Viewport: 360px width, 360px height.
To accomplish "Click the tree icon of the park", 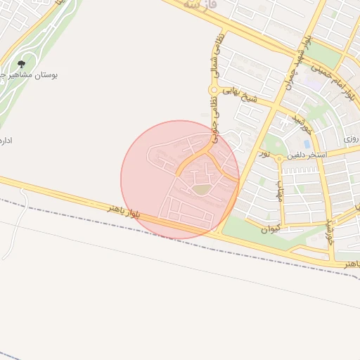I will pos(21,64).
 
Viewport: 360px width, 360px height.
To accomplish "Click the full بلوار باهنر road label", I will pos(124,210).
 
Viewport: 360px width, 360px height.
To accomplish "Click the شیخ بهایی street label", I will pos(241,96).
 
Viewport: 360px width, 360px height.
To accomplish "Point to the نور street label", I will pos(264,153).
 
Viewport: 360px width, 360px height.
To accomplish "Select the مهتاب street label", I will pos(280,190).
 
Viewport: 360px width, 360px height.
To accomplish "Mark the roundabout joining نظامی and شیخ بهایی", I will pos(212,89).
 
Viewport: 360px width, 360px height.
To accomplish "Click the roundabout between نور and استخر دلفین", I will pos(279,158).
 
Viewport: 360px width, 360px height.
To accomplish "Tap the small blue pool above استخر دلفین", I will pos(307,144).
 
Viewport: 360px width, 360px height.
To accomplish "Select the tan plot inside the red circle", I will pos(202,189).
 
